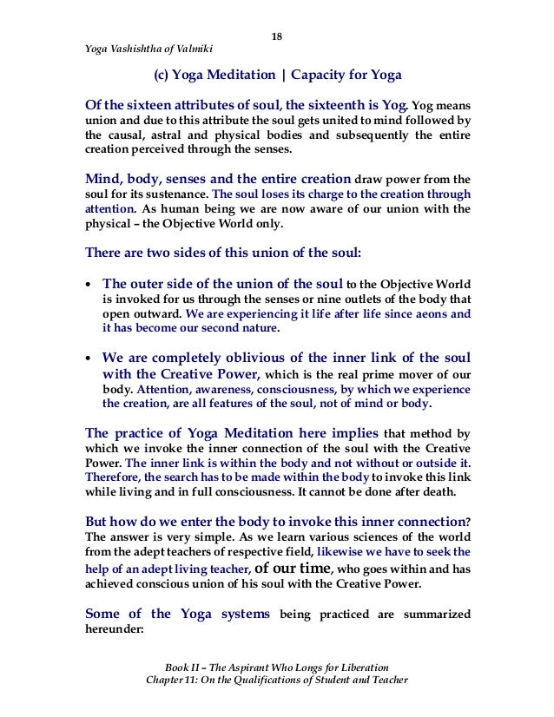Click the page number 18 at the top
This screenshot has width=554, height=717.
(x=276, y=36)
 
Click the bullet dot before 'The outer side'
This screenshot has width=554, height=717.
(x=89, y=283)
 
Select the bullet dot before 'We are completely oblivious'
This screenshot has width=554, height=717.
(x=89, y=358)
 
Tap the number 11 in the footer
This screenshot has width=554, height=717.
(x=191, y=679)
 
